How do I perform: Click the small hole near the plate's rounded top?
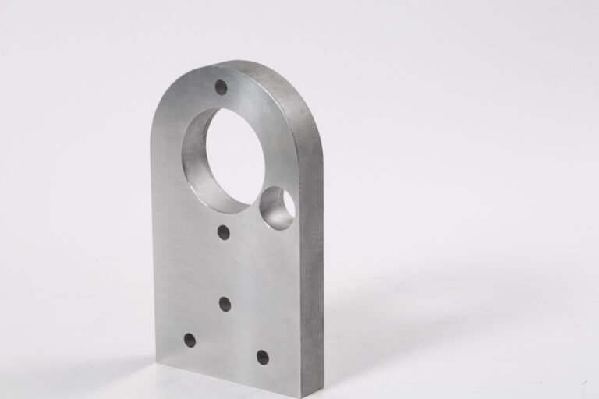221,87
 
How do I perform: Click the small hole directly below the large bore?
224,231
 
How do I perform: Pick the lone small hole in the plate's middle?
225,304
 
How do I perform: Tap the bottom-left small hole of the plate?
190,340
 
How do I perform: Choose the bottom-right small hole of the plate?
263,358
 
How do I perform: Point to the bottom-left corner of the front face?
155,358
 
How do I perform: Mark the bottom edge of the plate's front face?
226,378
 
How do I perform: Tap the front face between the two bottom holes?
226,349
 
